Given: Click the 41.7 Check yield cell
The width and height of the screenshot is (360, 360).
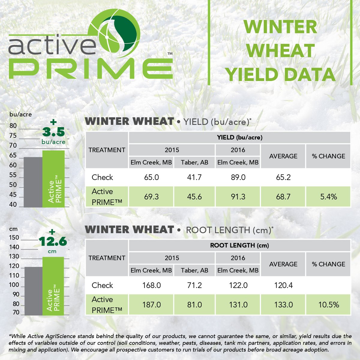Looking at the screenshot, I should click(x=194, y=177).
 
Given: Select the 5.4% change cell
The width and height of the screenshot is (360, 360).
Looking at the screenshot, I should click(x=328, y=197).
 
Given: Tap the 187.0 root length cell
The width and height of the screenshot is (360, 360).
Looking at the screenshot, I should click(x=151, y=305).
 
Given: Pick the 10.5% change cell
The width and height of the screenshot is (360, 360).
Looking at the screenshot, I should click(x=328, y=305).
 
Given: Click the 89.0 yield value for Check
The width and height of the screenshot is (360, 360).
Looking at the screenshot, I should click(x=238, y=177).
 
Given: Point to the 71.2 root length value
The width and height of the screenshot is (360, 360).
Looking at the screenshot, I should click(x=194, y=285).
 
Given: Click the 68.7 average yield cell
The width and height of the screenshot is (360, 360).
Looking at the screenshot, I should click(x=283, y=197).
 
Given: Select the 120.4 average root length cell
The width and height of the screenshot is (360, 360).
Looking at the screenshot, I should click(x=283, y=285).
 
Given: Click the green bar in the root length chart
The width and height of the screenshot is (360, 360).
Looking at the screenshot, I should click(x=53, y=286).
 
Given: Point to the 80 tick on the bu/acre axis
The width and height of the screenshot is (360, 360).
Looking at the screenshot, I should click(x=13, y=126).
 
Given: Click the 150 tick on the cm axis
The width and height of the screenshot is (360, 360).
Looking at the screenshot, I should click(x=14, y=238).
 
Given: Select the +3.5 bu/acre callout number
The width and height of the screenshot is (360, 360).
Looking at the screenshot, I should click(x=53, y=132).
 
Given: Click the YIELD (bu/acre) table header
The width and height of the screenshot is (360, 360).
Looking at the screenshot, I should click(x=239, y=137).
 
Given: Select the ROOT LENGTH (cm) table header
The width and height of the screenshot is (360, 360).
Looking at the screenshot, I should click(x=239, y=245).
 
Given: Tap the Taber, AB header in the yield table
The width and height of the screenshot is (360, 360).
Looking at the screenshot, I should click(x=194, y=162).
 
